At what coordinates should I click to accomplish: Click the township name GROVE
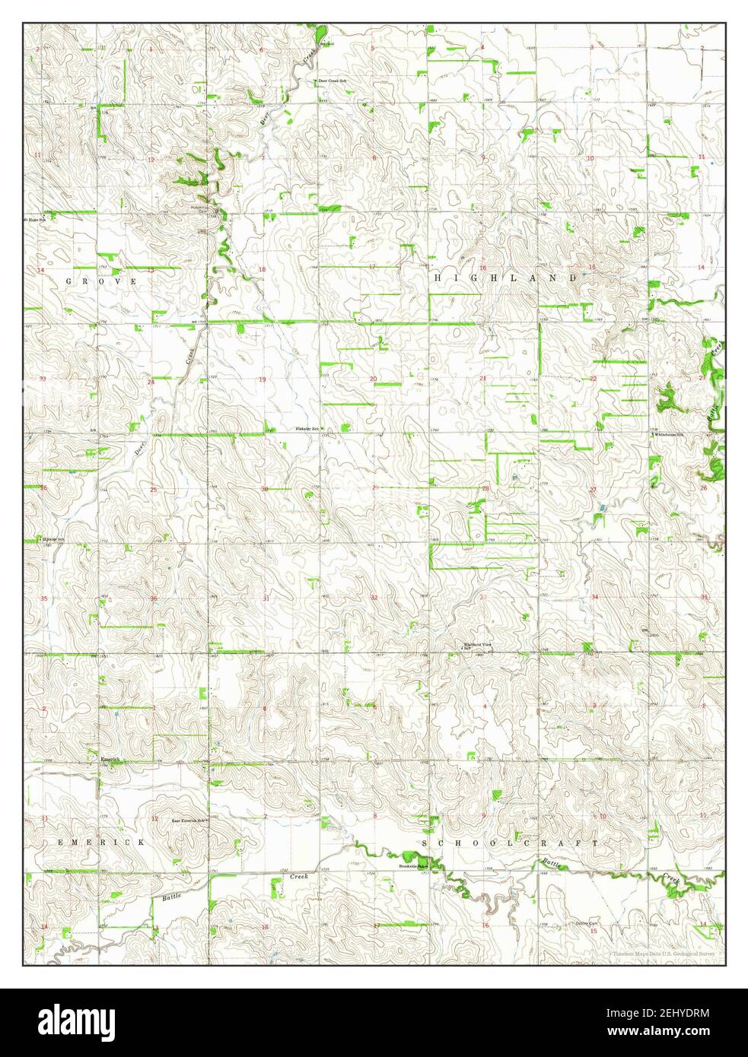point(100,281)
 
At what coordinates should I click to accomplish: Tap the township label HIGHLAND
point(505,279)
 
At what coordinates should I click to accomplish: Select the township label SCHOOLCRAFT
point(510,843)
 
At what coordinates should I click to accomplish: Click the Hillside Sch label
point(52,539)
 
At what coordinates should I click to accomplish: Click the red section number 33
point(484,598)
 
